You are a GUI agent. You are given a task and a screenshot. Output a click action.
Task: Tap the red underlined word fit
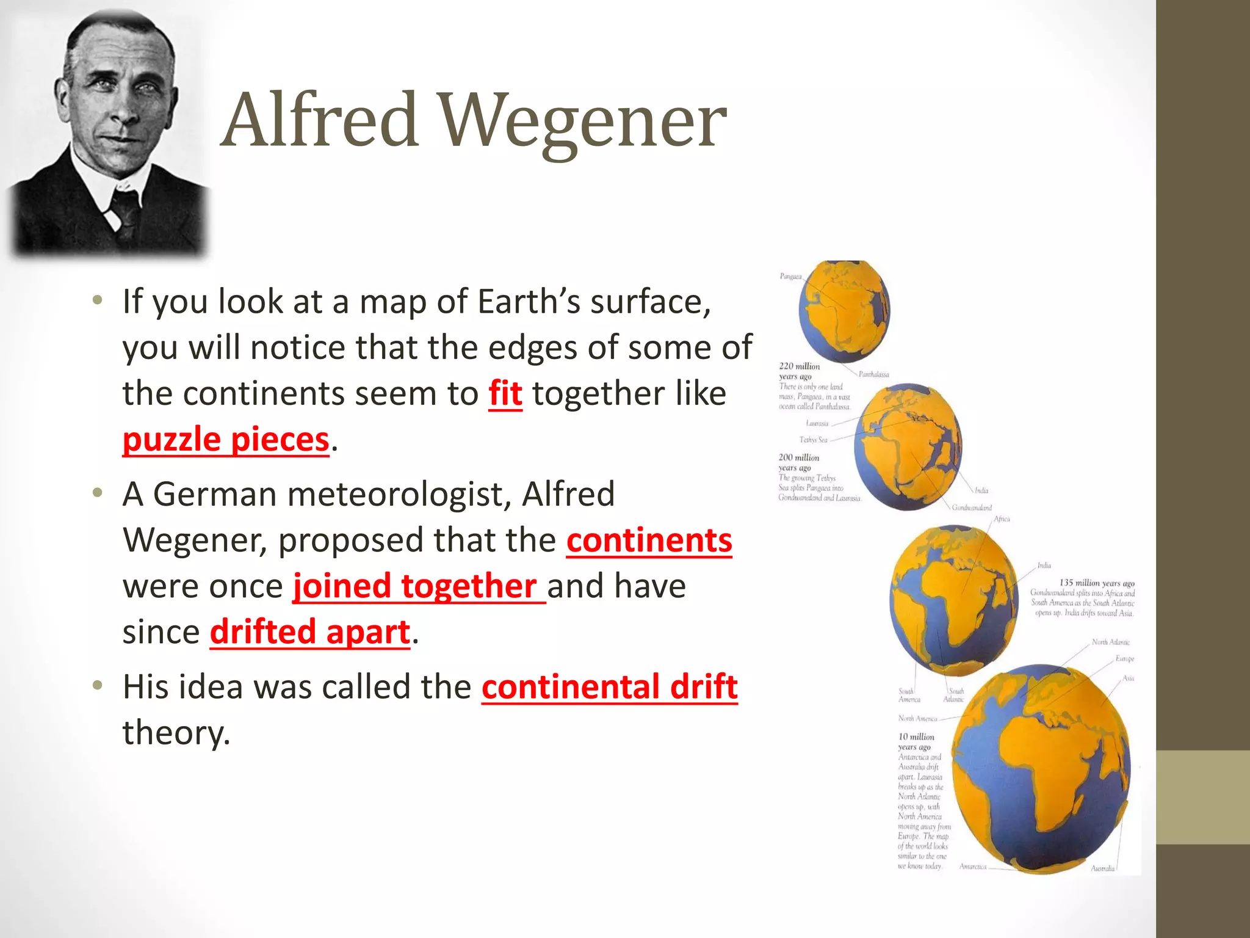505,393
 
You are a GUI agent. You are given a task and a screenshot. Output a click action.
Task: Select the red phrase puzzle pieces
226,440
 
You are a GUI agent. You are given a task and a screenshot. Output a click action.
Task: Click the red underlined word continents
649,540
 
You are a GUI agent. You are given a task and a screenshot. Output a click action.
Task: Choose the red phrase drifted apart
310,632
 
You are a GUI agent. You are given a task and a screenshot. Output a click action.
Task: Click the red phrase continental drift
609,687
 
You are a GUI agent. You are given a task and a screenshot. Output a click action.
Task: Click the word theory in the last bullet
176,733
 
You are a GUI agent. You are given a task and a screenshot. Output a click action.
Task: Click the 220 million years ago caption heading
799,371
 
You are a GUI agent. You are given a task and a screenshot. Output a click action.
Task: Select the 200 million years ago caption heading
798,462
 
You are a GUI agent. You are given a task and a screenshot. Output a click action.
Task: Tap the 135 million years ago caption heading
1096,583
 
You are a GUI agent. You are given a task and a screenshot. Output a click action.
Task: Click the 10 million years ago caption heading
916,741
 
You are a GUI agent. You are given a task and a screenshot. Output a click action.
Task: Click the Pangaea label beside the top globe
790,277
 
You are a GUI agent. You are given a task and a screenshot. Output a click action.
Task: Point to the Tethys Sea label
813,440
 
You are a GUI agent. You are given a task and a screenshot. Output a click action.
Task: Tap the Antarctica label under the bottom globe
973,867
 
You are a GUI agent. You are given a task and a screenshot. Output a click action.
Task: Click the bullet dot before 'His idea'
97,685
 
